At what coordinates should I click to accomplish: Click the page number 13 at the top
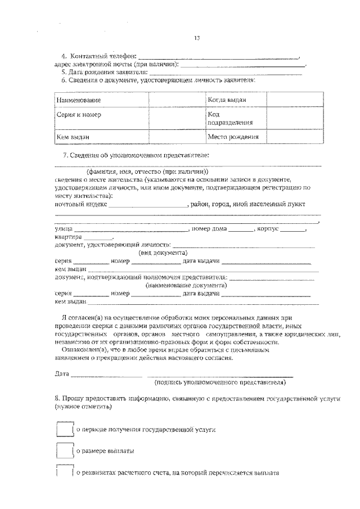(x=196, y=38)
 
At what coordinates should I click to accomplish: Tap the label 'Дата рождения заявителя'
(x=107, y=72)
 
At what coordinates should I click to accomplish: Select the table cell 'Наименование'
(x=79, y=100)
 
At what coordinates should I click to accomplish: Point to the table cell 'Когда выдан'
(x=227, y=100)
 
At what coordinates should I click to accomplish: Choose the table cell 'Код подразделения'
(x=229, y=118)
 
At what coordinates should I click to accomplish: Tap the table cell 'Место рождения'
(x=233, y=137)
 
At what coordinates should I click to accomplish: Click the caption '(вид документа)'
(x=163, y=253)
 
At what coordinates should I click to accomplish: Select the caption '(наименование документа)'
(x=178, y=285)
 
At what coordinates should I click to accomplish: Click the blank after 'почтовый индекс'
(x=148, y=206)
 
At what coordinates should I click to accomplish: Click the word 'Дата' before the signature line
(x=62, y=374)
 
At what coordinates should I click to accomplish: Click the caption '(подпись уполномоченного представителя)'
(x=220, y=382)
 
